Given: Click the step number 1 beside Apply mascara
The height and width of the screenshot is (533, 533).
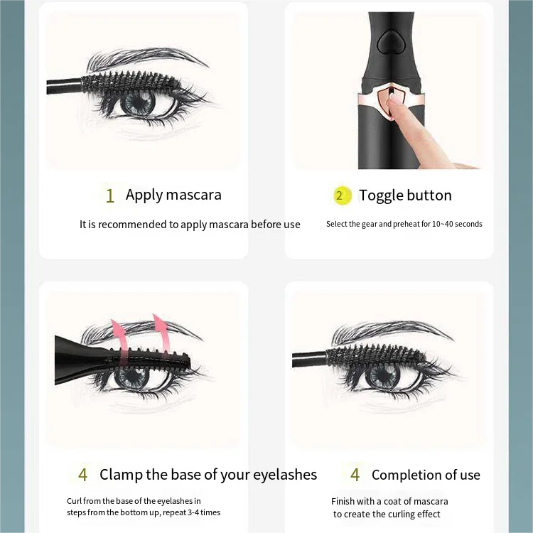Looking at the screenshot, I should pyautogui.click(x=109, y=195).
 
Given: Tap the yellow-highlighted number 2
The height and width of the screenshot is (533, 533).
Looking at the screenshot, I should pyautogui.click(x=340, y=195).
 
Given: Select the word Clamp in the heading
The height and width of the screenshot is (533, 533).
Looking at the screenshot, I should pyautogui.click(x=122, y=475).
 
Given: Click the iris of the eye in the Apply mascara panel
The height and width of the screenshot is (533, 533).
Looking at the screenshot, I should pyautogui.click(x=136, y=103).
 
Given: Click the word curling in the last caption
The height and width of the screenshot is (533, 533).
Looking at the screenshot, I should pyautogui.click(x=400, y=514).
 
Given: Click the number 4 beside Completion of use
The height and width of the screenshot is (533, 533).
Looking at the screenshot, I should pyautogui.click(x=355, y=475).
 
